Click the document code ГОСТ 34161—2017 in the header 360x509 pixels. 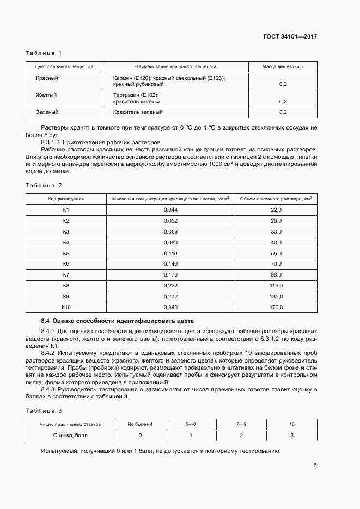point(290,37)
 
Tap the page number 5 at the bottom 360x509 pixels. point(315,465)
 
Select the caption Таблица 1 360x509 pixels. point(44,53)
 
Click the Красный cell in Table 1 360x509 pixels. point(47,78)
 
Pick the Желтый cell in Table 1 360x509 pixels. point(47,95)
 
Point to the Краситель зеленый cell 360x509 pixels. point(137,112)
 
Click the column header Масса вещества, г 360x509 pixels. point(283,67)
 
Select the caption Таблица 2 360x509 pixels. point(44,186)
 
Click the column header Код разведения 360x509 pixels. point(66,199)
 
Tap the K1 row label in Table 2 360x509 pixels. point(66,210)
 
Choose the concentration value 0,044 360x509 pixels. point(170,210)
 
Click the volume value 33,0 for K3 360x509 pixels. point(276,231)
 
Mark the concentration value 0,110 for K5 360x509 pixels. point(170,253)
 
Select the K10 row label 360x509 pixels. point(66,308)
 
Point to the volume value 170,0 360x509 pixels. point(276,308)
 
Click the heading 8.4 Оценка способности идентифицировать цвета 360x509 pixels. point(118,321)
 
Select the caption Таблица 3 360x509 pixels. point(44,411)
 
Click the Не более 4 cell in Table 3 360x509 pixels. point(140,424)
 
